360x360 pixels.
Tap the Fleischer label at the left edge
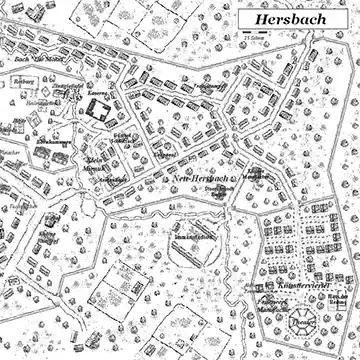click(8, 153)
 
